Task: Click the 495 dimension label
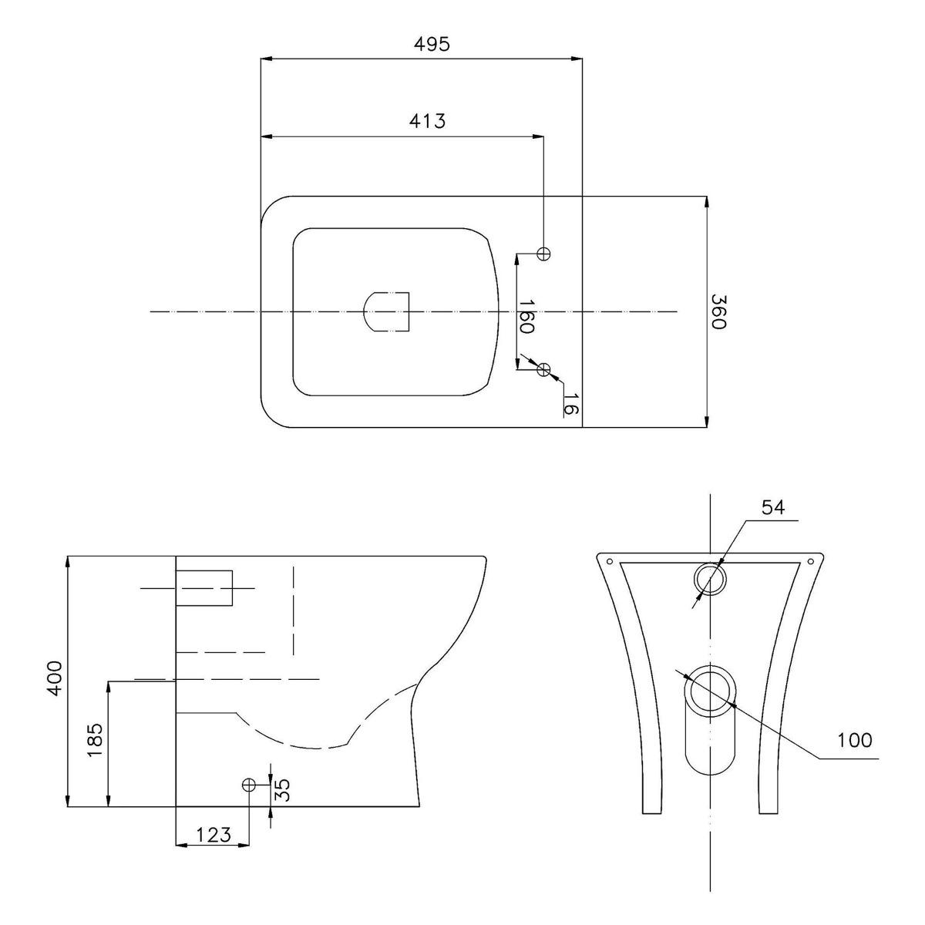[432, 44]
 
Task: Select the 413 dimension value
[427, 121]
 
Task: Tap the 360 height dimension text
[718, 311]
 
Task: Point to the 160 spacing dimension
[526, 316]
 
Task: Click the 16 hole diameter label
[570, 404]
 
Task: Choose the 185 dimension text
[95, 740]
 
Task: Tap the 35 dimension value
[283, 789]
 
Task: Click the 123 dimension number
[214, 835]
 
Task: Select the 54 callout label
[773, 507]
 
